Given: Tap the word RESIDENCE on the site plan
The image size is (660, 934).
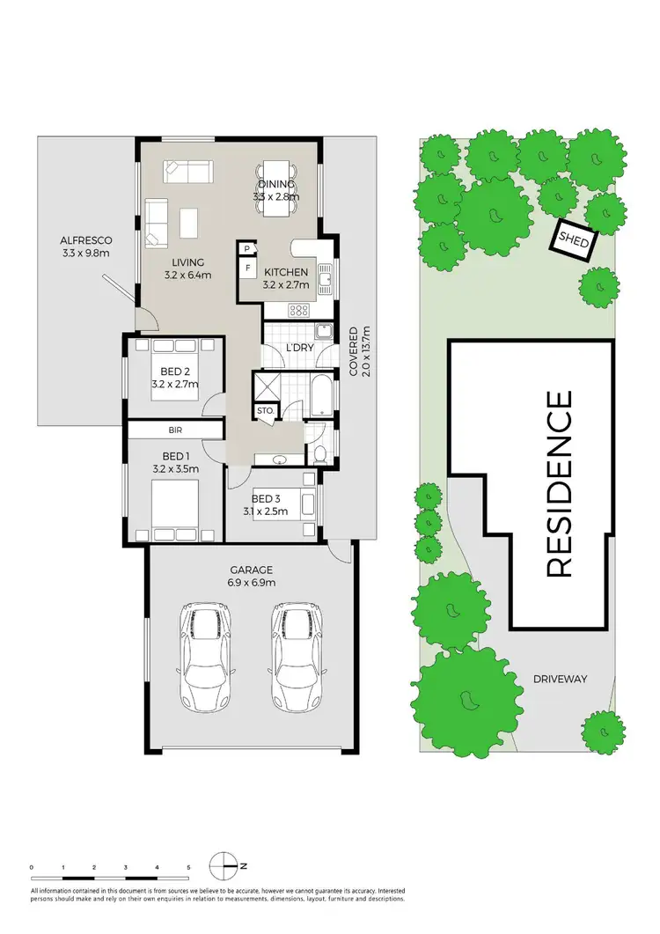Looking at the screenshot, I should coord(560,483).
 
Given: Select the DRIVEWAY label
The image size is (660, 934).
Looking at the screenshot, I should coord(560,679).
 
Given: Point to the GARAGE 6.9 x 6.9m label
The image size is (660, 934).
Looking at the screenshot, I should coord(253,577).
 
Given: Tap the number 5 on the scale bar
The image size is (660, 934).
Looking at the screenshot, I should coord(188,868).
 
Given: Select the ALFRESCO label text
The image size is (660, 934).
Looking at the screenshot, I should coord(85,246).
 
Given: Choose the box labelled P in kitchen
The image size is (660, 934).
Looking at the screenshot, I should coord(247,250).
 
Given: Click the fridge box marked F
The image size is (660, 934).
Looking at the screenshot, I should coord(247,268).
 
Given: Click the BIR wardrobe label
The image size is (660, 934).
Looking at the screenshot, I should coord(174,430).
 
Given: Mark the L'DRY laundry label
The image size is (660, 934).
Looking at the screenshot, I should coord(301,349).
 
